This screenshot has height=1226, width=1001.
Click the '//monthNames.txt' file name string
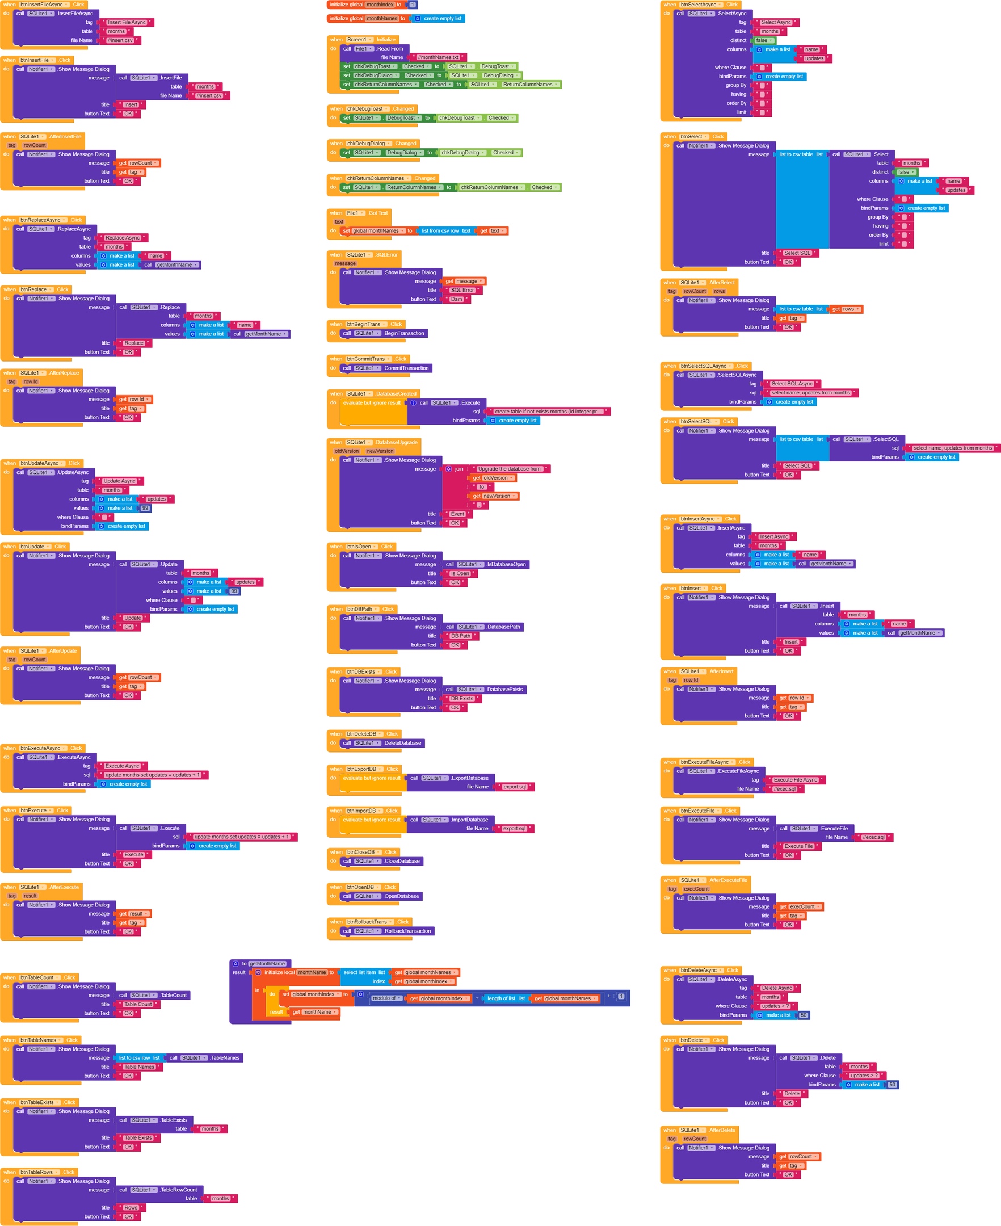click(x=438, y=58)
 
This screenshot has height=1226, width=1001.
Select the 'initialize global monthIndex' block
click(x=346, y=5)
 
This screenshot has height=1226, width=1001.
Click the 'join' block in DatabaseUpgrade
click(x=458, y=469)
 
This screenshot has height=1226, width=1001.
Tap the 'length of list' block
click(x=505, y=998)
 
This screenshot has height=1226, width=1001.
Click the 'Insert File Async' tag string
click(x=127, y=23)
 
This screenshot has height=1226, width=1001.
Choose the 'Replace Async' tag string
click(x=122, y=238)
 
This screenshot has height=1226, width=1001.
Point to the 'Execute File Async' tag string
click(x=795, y=780)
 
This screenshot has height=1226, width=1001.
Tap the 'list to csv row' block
click(x=138, y=1057)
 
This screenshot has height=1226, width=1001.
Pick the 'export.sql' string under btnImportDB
click(x=514, y=829)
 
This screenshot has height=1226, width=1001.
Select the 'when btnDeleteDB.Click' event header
click(x=369, y=734)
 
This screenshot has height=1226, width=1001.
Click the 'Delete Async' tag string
click(x=777, y=988)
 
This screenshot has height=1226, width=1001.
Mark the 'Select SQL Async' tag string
click(x=792, y=384)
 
